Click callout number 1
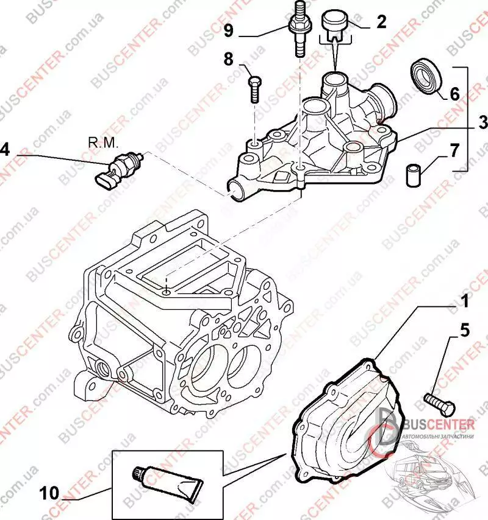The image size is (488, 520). pos(464,301)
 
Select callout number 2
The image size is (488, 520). pos(381,23)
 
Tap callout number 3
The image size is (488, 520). pos(483,124)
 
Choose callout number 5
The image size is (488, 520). pos(464,331)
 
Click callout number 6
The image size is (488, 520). pos(454,94)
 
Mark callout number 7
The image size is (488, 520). pos(455,150)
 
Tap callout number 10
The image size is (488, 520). pos(53,491)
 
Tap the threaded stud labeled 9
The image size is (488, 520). pos(299,30)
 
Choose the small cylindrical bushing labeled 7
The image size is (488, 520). pos(414,173)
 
